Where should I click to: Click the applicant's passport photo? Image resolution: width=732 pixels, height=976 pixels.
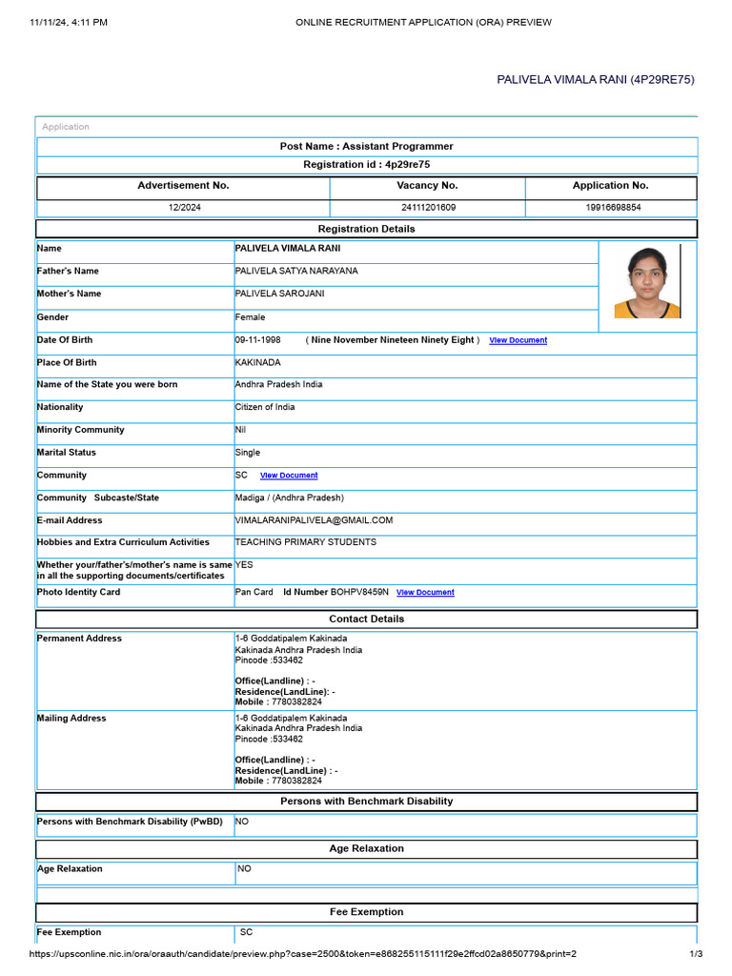[647, 282]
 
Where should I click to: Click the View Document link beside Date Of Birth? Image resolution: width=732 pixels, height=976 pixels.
[518, 340]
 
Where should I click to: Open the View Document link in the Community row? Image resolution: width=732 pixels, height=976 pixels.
[289, 476]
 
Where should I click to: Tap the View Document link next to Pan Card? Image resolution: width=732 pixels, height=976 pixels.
[425, 593]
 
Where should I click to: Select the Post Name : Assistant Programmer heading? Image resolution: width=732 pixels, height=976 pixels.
[366, 147]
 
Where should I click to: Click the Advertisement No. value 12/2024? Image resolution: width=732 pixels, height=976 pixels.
[183, 207]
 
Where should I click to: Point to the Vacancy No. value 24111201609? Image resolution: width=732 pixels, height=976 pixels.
[428, 207]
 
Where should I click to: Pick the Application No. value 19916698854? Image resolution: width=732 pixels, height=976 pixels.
[610, 207]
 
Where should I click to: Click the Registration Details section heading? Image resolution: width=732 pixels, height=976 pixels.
[366, 229]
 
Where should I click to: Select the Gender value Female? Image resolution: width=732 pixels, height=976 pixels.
[251, 317]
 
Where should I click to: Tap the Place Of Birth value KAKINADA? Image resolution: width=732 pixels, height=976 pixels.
[258, 363]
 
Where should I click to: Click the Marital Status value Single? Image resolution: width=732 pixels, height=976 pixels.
[248, 453]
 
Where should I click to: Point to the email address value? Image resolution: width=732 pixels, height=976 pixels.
[314, 520]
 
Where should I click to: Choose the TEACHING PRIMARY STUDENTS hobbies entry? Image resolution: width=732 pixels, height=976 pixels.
[305, 542]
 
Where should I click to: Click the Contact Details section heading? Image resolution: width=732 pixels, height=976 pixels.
[366, 620]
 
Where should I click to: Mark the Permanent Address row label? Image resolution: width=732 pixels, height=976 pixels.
[79, 639]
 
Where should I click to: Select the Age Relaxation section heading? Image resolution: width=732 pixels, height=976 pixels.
[366, 848]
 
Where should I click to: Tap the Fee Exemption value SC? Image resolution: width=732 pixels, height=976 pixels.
[246, 932]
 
